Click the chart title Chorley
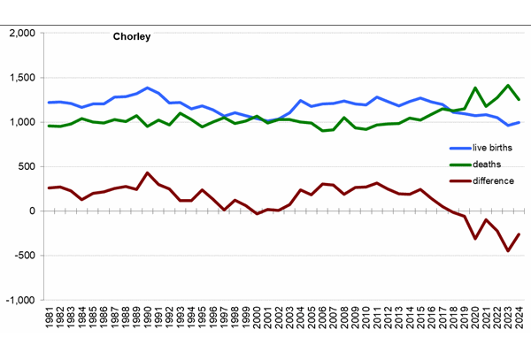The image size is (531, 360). coord(131,37)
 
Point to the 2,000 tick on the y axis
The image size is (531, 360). coord(20,34)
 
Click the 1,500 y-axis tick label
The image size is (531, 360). coord(20,78)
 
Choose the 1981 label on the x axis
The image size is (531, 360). coord(50,318)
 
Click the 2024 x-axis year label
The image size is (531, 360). coord(519,318)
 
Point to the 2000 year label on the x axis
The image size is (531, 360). coord(257,318)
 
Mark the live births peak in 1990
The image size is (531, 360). coord(148,88)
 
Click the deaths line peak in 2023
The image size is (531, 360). coord(508,86)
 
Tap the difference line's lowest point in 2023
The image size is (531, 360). coord(508,250)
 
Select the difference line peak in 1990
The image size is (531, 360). coord(148,173)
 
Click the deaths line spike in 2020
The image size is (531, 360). coord(475,88)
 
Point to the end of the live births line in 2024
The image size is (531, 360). coord(519,122)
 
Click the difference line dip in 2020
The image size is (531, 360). coord(475,238)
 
